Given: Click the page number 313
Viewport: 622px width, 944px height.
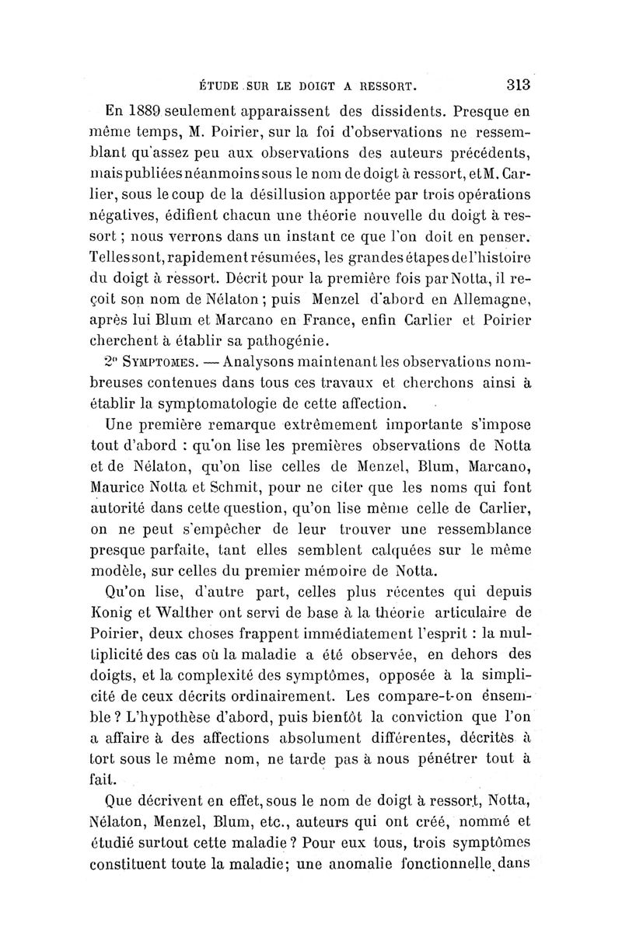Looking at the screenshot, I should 515,84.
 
